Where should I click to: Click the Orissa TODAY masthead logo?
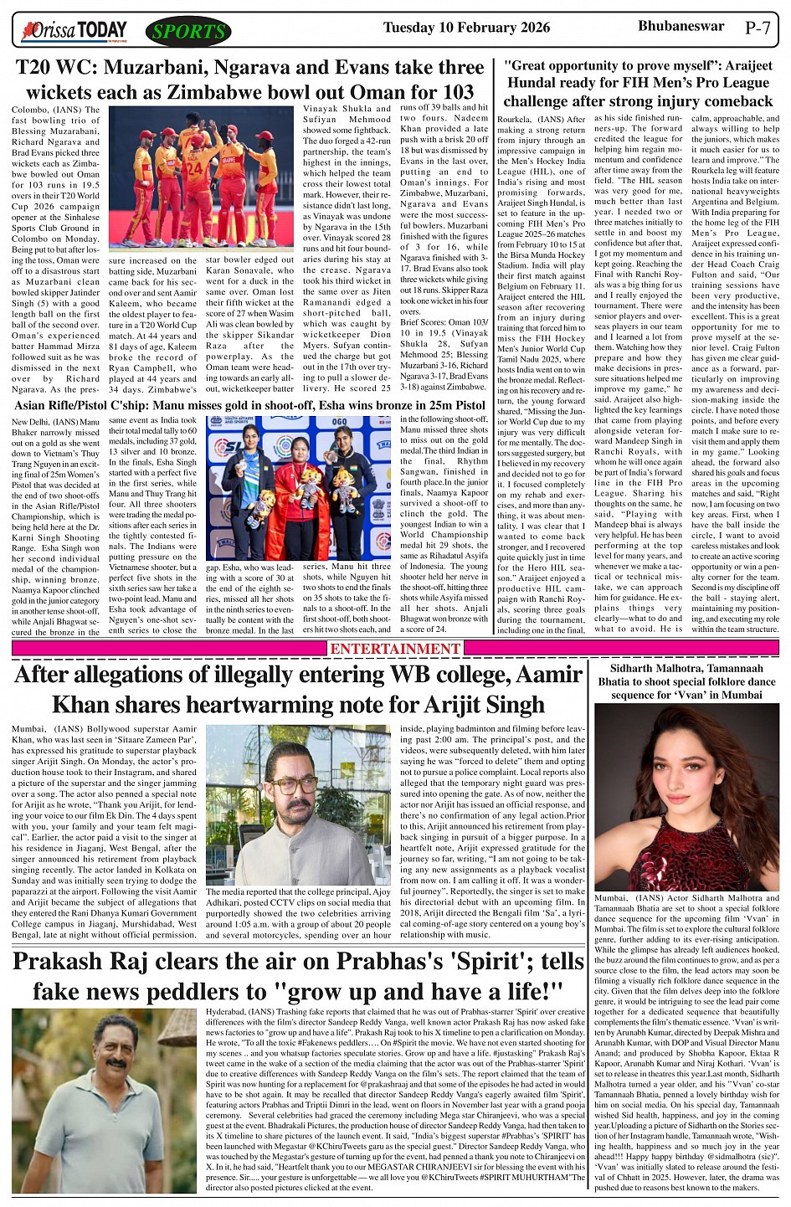[x=76, y=32]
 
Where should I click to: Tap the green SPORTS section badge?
[x=188, y=32]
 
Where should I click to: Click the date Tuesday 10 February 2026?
[x=466, y=28]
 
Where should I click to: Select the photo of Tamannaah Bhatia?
[x=686, y=796]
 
